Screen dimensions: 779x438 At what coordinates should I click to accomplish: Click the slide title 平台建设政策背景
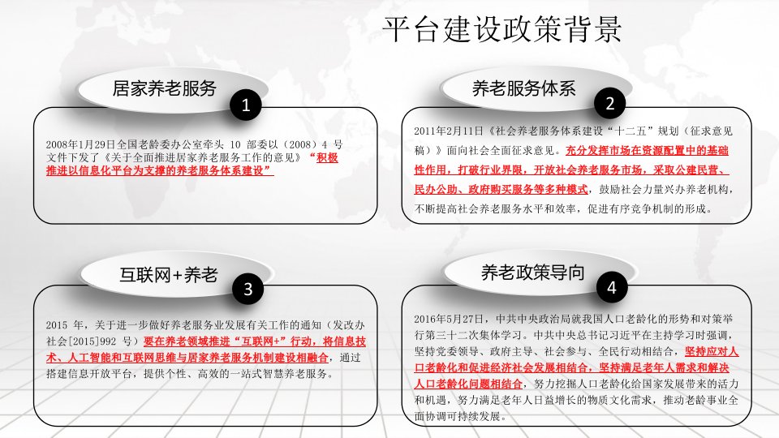pos(502,29)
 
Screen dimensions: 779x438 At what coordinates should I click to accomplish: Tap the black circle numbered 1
pos(245,105)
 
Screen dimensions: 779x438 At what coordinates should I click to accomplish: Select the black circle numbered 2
pos(609,103)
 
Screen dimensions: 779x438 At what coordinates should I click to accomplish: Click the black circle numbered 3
pos(248,289)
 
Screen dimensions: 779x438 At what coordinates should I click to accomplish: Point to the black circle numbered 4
pos(612,287)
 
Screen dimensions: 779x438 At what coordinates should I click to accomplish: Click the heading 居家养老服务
pos(165,88)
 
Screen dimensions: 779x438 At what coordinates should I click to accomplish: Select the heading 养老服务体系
pos(524,88)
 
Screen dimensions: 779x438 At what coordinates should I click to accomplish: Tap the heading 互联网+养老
pos(169,274)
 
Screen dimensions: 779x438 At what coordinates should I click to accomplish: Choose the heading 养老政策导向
pos(532,273)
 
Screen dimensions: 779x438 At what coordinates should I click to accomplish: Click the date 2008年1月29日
pos(75,144)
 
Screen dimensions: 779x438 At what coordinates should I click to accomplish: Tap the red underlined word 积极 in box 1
pos(327,158)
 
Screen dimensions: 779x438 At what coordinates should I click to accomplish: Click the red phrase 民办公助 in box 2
pos(436,189)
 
